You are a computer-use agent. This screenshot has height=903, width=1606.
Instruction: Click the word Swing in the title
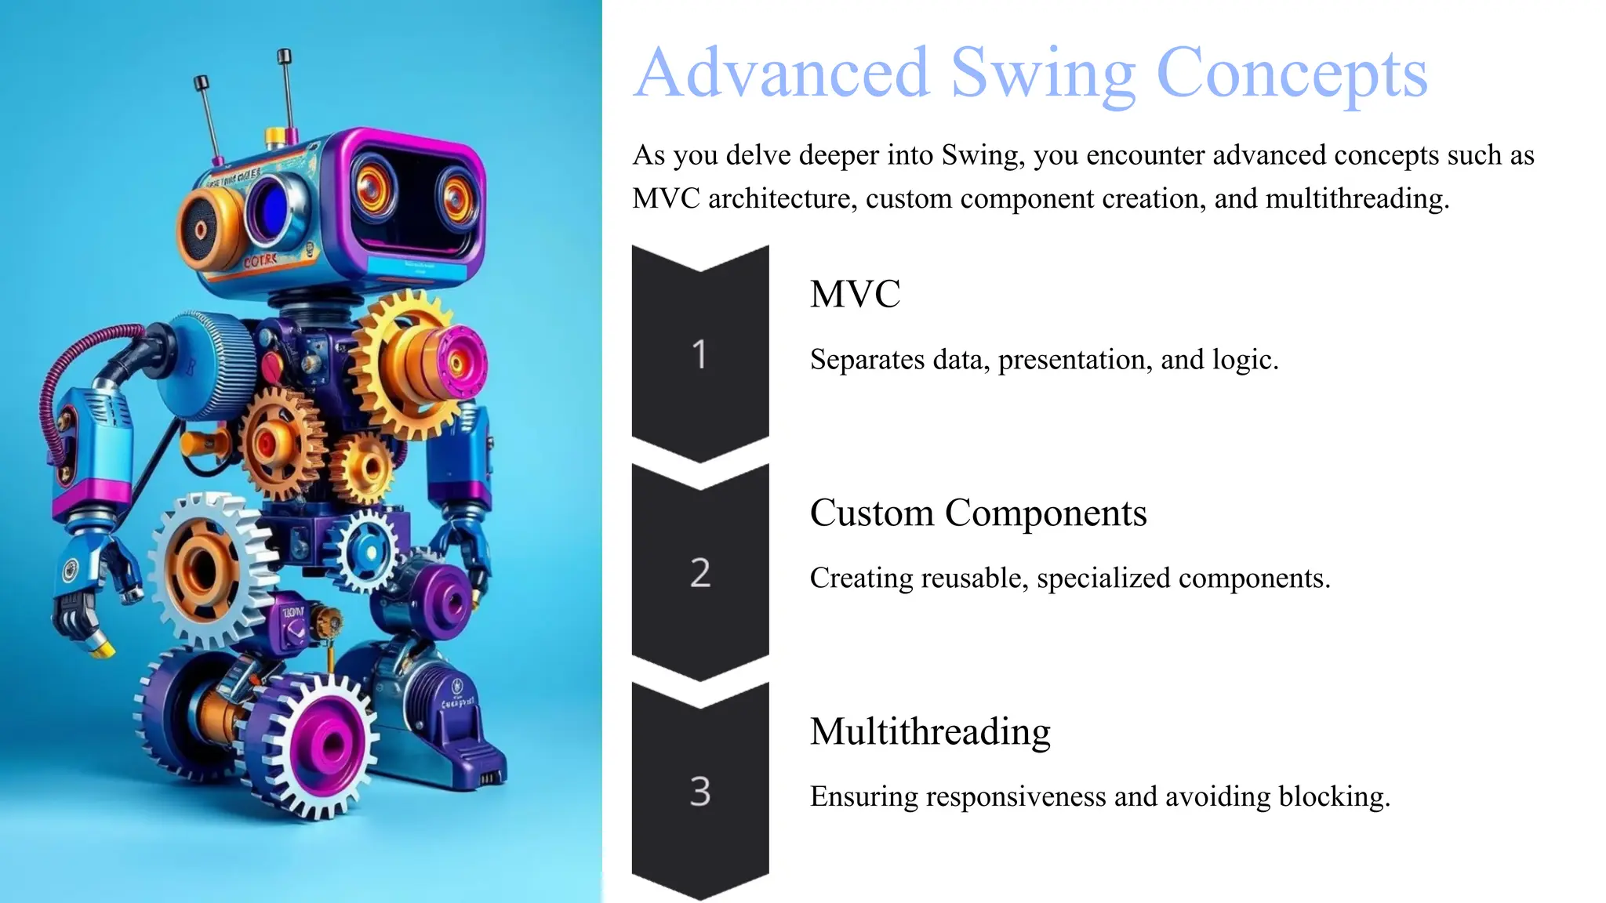[x=1043, y=74]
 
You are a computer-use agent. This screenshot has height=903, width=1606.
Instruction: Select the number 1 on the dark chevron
[x=699, y=354]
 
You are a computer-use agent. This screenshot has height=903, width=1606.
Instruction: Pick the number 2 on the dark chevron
[x=699, y=573]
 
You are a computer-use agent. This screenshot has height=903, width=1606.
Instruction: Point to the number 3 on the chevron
[x=699, y=792]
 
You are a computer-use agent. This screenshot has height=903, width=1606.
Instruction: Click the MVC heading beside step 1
[x=855, y=295]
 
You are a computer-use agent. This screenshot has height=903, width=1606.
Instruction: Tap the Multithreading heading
[x=930, y=731]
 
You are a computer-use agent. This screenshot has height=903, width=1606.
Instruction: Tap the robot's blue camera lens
[x=271, y=208]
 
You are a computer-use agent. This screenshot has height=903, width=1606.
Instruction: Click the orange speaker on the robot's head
[x=202, y=230]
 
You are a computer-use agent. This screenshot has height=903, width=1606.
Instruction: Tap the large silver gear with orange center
[x=202, y=566]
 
